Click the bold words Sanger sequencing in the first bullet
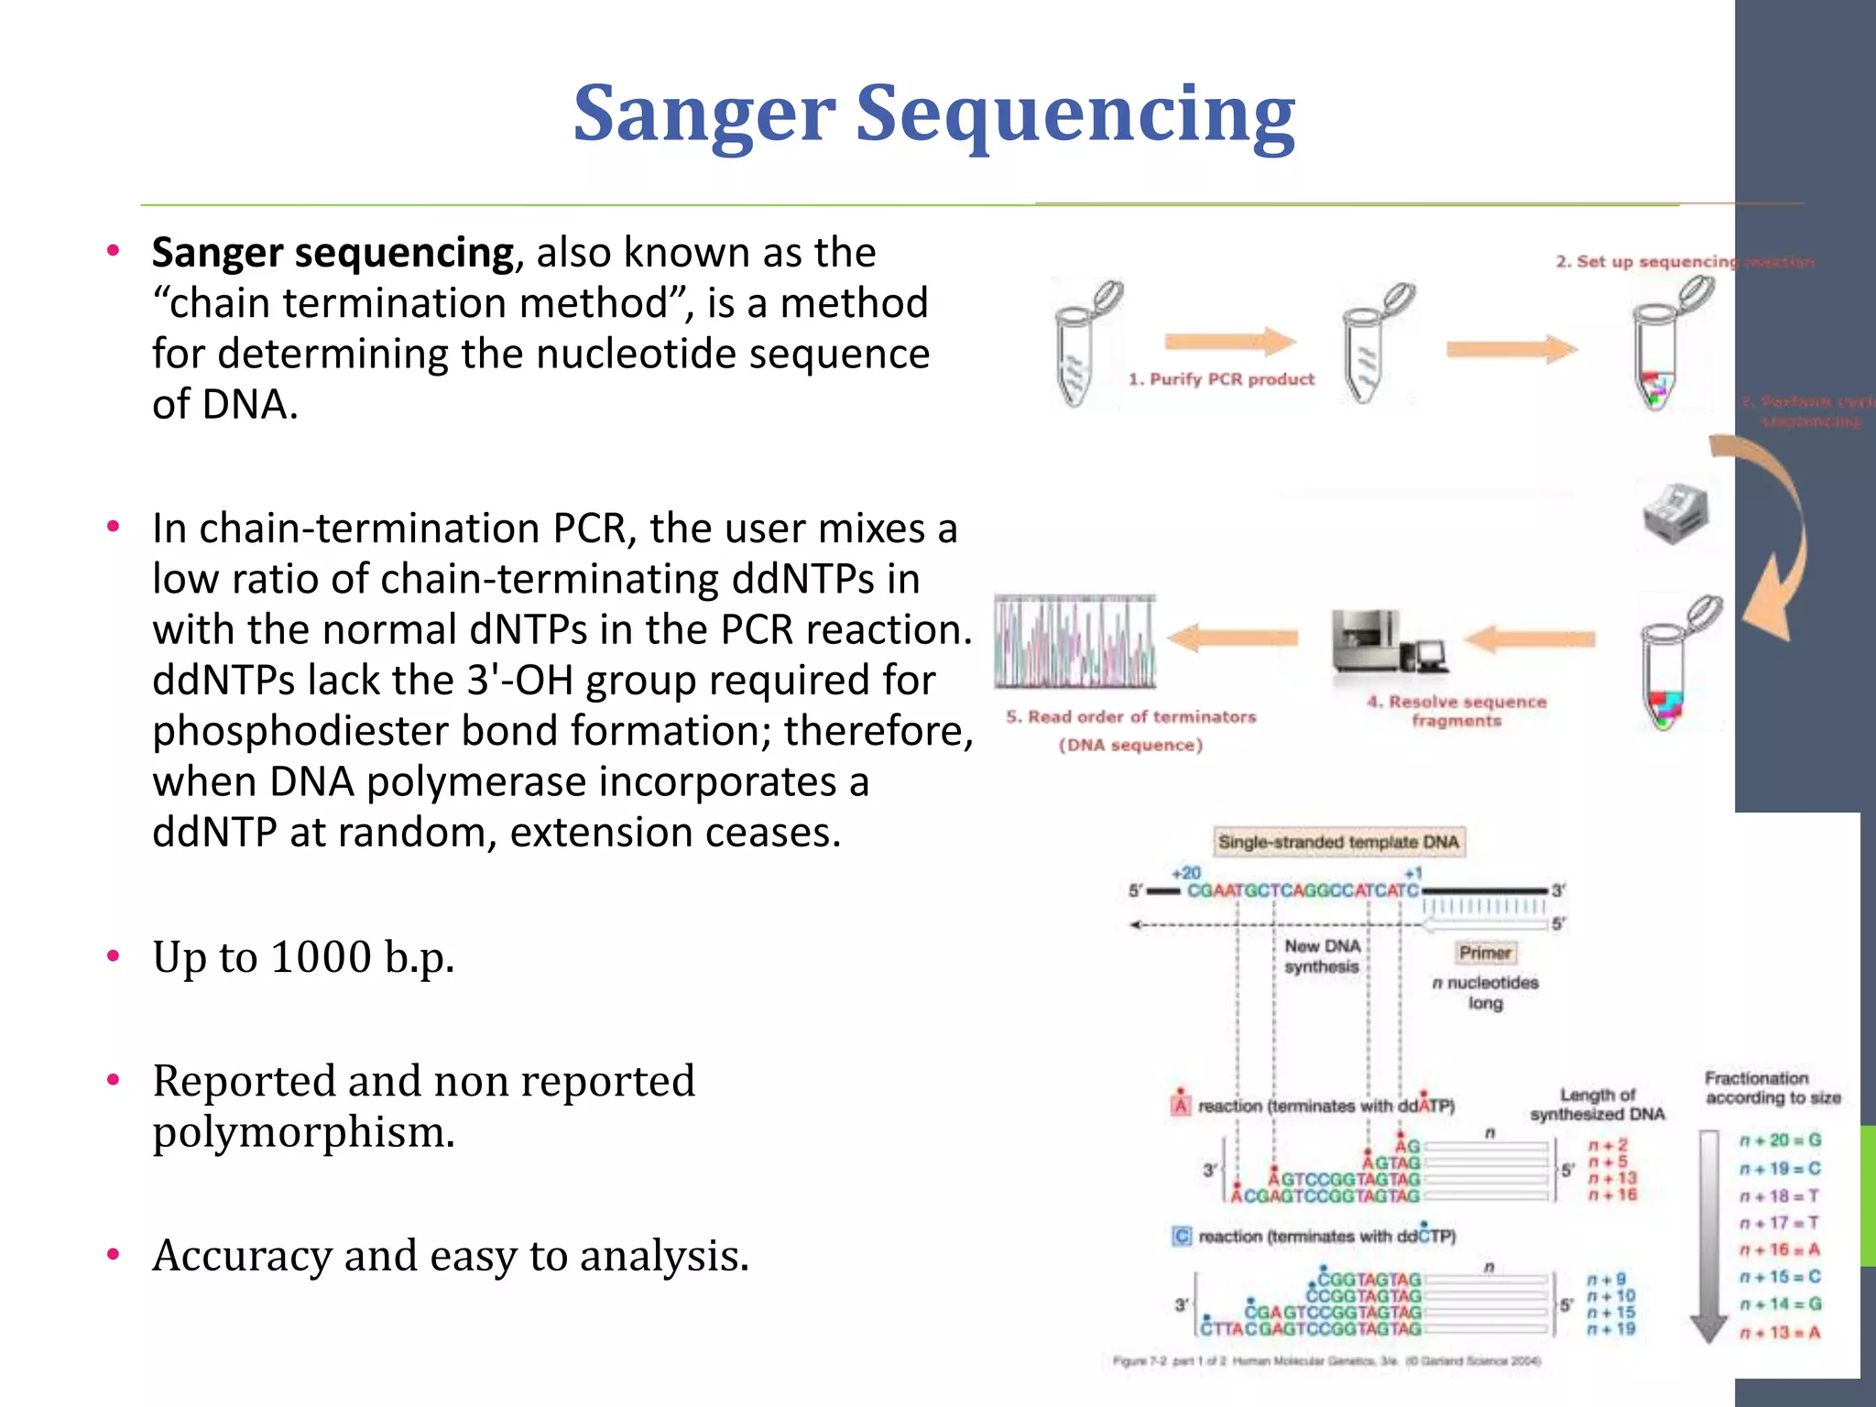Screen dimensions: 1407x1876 point(333,253)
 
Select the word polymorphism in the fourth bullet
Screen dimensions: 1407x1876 point(302,1132)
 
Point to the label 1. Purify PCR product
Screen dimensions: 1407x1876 point(1220,379)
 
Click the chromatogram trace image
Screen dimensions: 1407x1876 point(1075,641)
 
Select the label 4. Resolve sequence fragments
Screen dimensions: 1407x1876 point(1456,711)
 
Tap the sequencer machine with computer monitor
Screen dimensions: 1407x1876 point(1387,641)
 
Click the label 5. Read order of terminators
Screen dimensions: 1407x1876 point(1130,717)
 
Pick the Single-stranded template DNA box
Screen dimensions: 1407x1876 point(1338,842)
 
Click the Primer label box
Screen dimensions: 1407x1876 point(1485,953)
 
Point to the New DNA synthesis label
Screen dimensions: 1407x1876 point(1322,956)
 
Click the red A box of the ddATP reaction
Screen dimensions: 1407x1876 point(1181,1106)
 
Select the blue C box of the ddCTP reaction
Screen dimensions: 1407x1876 point(1182,1237)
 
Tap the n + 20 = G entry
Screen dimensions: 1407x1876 point(1780,1140)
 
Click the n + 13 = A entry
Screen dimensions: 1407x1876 point(1780,1332)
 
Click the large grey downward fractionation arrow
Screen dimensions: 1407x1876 point(1708,1237)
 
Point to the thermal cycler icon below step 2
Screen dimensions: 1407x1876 point(1675,513)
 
